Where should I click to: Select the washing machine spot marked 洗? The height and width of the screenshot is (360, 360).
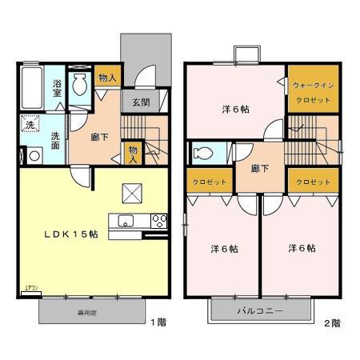click(x=30, y=125)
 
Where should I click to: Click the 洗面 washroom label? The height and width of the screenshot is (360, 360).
click(x=55, y=141)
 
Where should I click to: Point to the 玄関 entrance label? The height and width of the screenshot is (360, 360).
click(x=141, y=102)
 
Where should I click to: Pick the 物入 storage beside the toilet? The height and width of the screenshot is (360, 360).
click(x=106, y=77)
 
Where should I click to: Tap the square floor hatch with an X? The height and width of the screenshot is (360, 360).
click(x=131, y=193)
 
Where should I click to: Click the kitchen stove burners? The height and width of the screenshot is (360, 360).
click(x=158, y=221)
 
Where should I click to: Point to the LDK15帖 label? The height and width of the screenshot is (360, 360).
click(x=70, y=234)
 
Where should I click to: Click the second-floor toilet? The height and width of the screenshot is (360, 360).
click(x=202, y=153)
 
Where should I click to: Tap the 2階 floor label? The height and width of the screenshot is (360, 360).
click(x=332, y=323)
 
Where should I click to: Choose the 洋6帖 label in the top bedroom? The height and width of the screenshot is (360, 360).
click(x=234, y=110)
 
